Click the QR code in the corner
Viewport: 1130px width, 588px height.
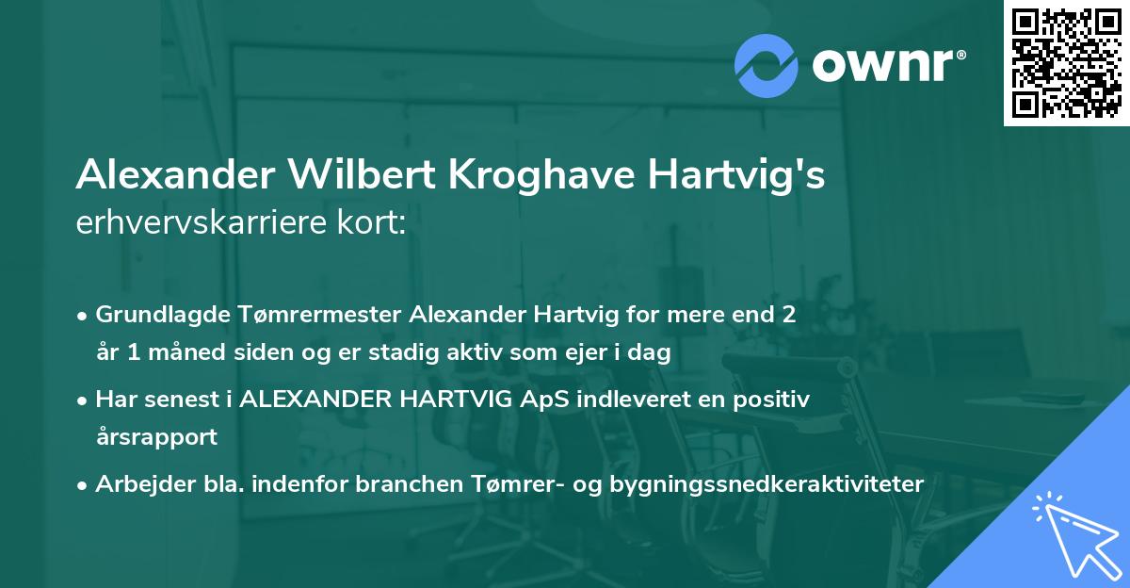(1066, 62)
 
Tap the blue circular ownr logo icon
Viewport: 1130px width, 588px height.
(767, 64)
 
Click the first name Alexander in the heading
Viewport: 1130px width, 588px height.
(167, 175)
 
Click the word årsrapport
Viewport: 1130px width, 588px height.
(156, 436)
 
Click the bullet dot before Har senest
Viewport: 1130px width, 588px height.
(84, 400)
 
